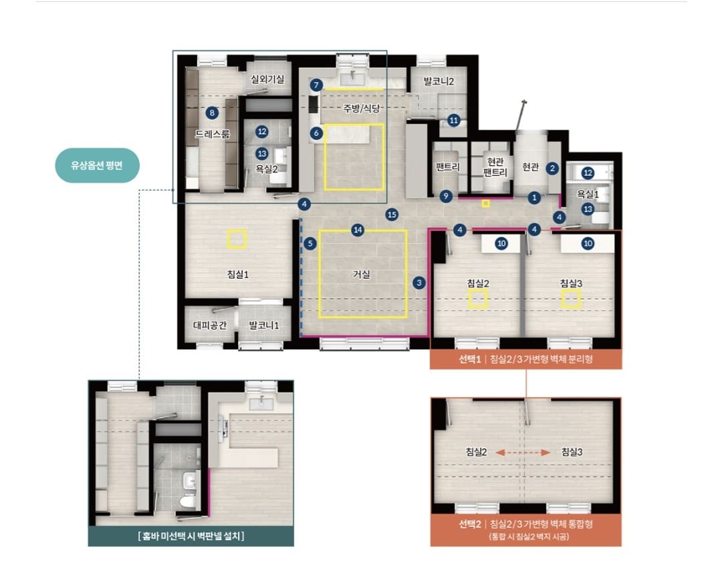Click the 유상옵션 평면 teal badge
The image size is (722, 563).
(97, 165)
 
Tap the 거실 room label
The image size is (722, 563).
(362, 275)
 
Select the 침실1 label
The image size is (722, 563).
(237, 275)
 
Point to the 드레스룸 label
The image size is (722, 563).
(212, 134)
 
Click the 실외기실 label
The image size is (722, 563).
(267, 80)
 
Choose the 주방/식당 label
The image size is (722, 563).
(362, 108)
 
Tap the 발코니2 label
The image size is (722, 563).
(439, 82)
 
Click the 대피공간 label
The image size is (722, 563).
(210, 325)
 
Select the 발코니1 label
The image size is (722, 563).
(264, 325)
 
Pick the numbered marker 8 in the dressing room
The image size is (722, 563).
(212, 113)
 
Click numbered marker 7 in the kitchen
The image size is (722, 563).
(316, 85)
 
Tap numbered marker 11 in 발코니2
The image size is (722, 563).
(454, 121)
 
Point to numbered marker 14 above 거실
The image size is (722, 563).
(358, 230)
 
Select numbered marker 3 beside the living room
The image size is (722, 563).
(419, 283)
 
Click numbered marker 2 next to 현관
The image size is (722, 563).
(553, 168)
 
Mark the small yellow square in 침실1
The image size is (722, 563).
(237, 239)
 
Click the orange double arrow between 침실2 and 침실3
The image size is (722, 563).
(523, 453)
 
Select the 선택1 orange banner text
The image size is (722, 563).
(525, 359)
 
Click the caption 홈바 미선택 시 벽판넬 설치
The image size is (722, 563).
(191, 536)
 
